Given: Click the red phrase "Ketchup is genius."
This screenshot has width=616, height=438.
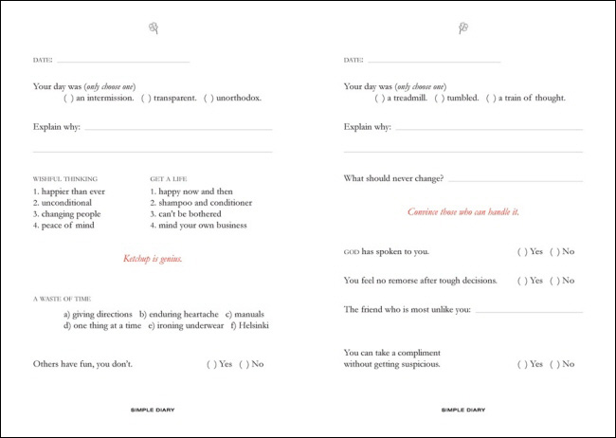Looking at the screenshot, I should point(153,259).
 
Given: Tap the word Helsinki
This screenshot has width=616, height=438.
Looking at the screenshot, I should point(253,326).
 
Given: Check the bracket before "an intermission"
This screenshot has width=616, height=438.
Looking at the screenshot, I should point(67,98).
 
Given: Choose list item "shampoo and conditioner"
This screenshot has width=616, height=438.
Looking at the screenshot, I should point(201,202).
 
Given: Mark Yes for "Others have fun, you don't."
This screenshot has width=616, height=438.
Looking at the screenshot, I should point(210,364).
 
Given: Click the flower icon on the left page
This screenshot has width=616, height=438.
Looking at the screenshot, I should point(153,29).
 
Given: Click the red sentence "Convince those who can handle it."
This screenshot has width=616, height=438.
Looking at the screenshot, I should point(463,211).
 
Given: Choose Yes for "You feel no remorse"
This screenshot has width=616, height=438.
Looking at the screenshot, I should point(521,281).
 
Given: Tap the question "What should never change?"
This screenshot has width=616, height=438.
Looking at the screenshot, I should point(393,178).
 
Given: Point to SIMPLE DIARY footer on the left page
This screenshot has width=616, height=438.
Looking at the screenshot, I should point(153,411).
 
